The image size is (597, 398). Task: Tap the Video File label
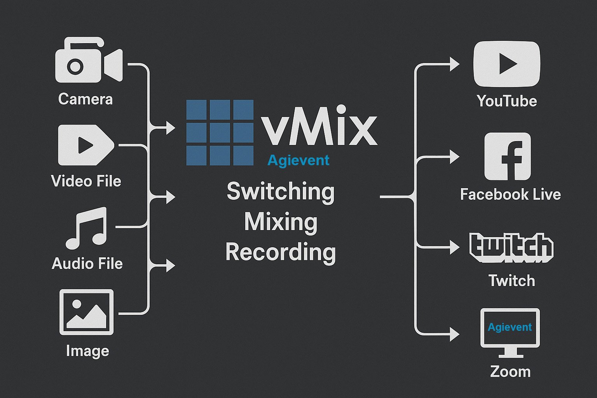[x=86, y=181]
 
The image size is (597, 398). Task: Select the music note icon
[x=86, y=228]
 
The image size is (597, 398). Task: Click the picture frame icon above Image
[x=86, y=312]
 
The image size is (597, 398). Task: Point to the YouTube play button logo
[x=506, y=64]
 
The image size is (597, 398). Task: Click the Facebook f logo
[x=507, y=156]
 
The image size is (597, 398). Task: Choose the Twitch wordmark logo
[x=511, y=248]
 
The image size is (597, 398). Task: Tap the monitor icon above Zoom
[x=510, y=332]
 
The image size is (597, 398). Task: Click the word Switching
[x=280, y=191]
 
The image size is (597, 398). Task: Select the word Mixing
[x=281, y=222]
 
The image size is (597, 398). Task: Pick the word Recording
[x=281, y=252]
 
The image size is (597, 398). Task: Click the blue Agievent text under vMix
[x=298, y=160]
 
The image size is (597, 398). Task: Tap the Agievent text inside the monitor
[x=510, y=327]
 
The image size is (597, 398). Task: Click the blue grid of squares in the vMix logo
[x=220, y=133]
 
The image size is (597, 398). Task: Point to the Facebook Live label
[x=510, y=194]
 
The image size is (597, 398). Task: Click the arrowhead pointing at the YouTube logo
[x=454, y=64]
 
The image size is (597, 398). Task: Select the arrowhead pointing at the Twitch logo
[x=454, y=247]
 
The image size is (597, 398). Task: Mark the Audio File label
[x=87, y=264]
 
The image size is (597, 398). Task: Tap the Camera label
[x=85, y=99]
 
